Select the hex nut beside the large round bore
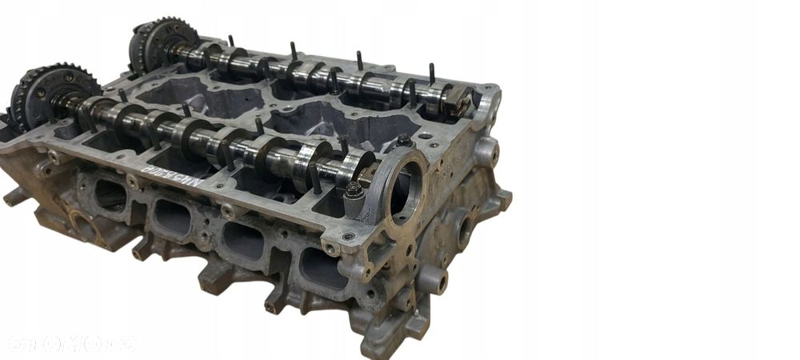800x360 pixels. tap(352, 192)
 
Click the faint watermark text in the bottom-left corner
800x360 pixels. tap(72, 342)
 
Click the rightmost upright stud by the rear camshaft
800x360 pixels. tap(432, 76)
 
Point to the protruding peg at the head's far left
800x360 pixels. tap(14, 196)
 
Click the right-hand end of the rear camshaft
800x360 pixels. tap(461, 102)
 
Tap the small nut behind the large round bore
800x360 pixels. tap(404, 141)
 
